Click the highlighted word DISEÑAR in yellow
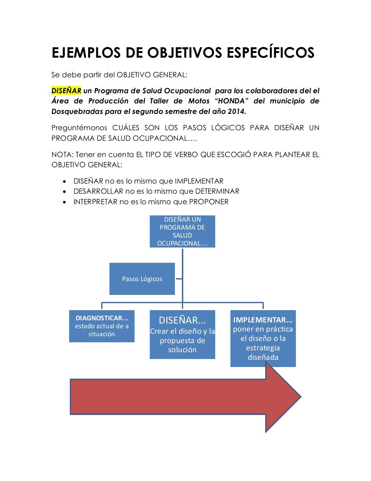point(66,91)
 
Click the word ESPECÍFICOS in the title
point(270,53)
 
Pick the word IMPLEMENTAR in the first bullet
point(199,181)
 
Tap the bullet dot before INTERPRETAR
point(64,202)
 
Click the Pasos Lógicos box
point(142,279)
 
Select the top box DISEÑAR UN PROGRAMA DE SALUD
point(182,231)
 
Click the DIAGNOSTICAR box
point(101,326)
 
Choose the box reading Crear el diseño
point(182,334)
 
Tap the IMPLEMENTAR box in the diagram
point(263,338)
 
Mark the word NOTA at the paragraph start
point(62,155)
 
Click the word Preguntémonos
point(79,128)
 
